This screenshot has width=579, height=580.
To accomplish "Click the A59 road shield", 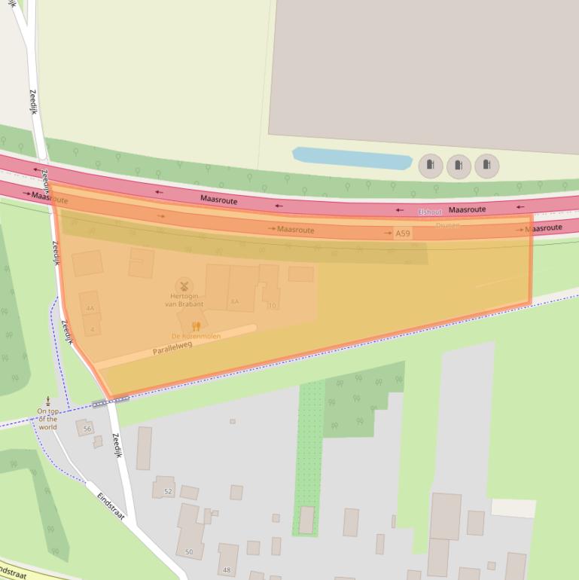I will click(x=403, y=234).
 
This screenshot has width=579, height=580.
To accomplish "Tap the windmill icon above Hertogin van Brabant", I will click(x=184, y=285).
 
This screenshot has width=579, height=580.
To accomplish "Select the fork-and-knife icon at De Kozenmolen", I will click(x=196, y=327).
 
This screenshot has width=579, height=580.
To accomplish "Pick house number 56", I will click(x=87, y=429).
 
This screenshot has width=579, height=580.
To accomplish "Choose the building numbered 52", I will click(x=168, y=491).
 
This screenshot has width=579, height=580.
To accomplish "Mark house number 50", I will click(x=188, y=552).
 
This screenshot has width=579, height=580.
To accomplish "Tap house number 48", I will click(x=227, y=569).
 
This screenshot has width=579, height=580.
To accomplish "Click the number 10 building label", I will click(x=272, y=305).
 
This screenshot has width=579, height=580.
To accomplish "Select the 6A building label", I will click(x=235, y=301).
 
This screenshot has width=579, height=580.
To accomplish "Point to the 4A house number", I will click(x=90, y=309).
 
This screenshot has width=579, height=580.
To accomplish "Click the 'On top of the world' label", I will click(x=47, y=419).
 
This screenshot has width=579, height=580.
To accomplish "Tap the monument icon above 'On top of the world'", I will click(x=48, y=399).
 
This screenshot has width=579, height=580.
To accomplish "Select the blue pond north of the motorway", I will click(x=352, y=159).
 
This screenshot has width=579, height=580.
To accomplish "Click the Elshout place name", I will click(x=430, y=212).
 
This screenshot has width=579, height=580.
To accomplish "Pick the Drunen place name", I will click(x=447, y=224).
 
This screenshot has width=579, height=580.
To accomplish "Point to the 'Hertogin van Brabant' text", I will click(x=184, y=300).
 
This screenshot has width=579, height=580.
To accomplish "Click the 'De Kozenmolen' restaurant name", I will click(x=196, y=337).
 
